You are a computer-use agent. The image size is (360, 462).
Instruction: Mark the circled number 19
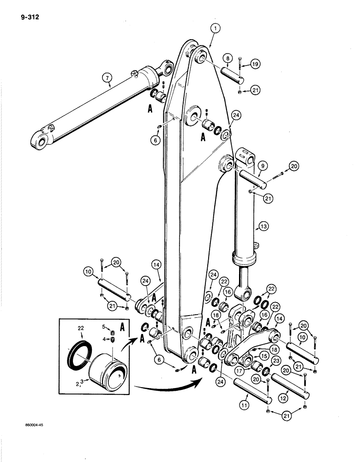[255, 65]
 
